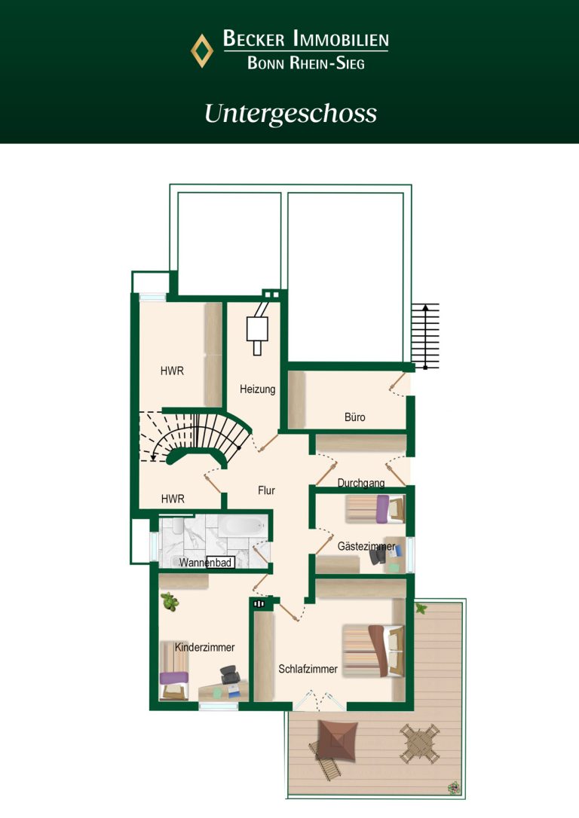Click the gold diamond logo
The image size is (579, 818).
click(202, 50)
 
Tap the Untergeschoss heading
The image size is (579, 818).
click(290, 114)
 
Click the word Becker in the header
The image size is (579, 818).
click(254, 38)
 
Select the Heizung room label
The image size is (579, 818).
click(257, 389)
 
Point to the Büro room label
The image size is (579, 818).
click(355, 417)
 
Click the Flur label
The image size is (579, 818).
click(266, 490)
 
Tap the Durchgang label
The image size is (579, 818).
click(361, 483)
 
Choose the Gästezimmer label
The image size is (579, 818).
click(366, 547)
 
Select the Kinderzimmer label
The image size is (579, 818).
click(204, 648)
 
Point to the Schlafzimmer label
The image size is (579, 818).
click(308, 669)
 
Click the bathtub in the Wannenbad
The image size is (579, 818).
click(242, 525)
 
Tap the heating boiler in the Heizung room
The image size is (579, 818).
click(257, 329)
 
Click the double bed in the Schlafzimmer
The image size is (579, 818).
click(372, 651)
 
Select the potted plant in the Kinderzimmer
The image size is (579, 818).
click(170, 602)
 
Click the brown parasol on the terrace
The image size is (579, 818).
click(337, 740)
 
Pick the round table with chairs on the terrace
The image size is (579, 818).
click(420, 743)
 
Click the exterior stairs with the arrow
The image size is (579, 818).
click(425, 336)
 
